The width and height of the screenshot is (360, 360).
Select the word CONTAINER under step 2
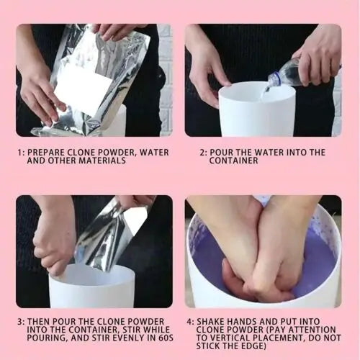point(233,161)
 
